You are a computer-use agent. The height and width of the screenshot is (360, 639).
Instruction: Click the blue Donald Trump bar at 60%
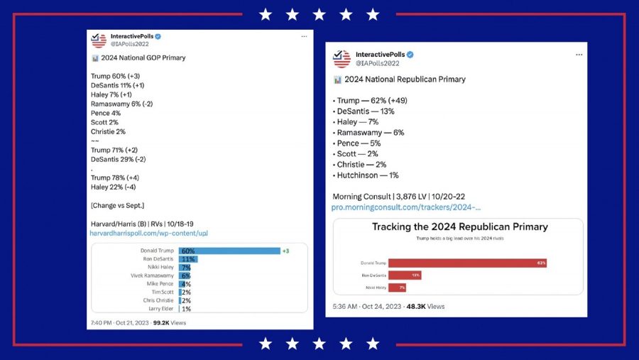[x=231, y=251]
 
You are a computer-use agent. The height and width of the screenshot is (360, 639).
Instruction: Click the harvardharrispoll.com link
[x=148, y=233]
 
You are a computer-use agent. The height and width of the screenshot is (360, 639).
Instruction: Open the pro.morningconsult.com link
[x=407, y=207]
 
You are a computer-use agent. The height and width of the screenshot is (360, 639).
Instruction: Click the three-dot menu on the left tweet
[x=304, y=36]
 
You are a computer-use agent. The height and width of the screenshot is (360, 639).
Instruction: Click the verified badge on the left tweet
[x=159, y=36]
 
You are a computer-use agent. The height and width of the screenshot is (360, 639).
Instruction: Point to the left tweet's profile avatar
[x=99, y=40]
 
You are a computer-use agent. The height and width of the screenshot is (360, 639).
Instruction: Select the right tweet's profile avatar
[x=342, y=58]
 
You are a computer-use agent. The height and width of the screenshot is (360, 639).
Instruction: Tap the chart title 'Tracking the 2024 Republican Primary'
[x=460, y=227]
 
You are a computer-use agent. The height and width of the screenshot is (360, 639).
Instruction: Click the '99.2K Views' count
[x=170, y=322]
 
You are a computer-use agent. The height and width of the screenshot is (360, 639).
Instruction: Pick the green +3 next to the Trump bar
[x=285, y=251]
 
